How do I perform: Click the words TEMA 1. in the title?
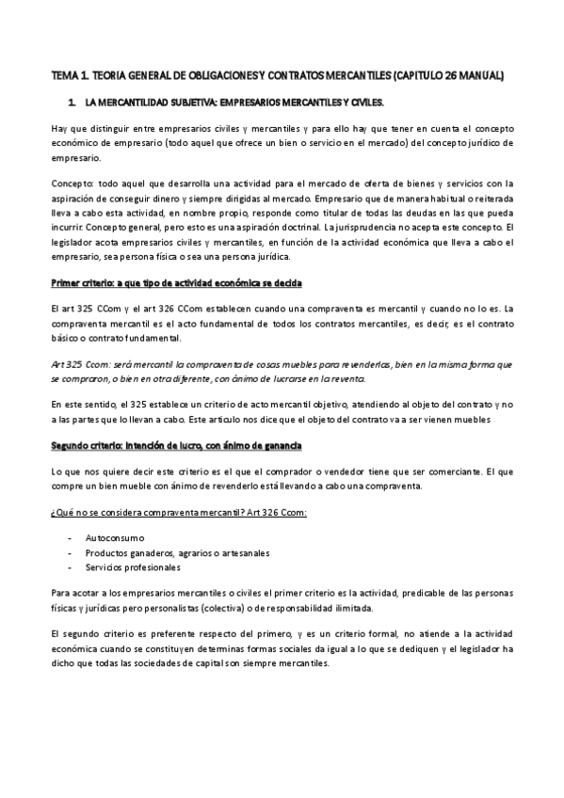69,73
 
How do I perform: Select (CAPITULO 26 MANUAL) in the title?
450,73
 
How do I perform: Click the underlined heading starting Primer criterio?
176,282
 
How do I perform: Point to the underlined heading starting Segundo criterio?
175,443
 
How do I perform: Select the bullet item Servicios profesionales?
133,567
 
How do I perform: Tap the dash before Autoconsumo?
72,535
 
